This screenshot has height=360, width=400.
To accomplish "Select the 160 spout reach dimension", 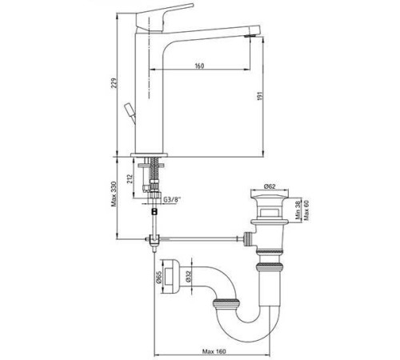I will point(198,66).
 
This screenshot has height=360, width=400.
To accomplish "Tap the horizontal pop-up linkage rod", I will point(200,237).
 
